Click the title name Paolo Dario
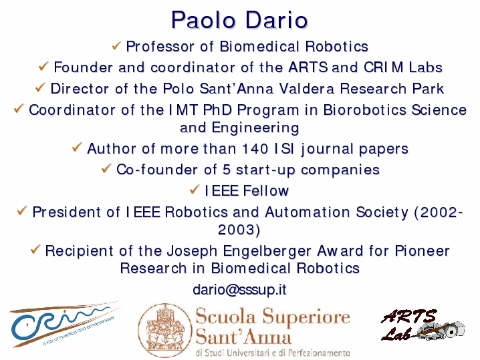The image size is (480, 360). pyautogui.click(x=239, y=20)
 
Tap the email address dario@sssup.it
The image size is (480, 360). pyautogui.click(x=239, y=289)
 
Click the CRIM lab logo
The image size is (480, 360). pyautogui.click(x=65, y=324)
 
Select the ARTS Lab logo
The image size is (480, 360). pyautogui.click(x=423, y=325)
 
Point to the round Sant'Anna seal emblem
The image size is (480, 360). pyautogui.click(x=165, y=331)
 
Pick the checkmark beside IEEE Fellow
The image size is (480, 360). pyautogui.click(x=195, y=190)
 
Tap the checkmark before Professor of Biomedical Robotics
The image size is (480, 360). pyautogui.click(x=116, y=46)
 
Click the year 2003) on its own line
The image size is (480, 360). pyautogui.click(x=239, y=229)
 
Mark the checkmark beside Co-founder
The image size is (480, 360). pyautogui.click(x=106, y=168)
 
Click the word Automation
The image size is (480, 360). pyautogui.click(x=308, y=212)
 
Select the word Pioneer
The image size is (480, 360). pyautogui.click(x=422, y=251)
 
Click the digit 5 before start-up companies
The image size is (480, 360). pyautogui.click(x=227, y=170)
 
